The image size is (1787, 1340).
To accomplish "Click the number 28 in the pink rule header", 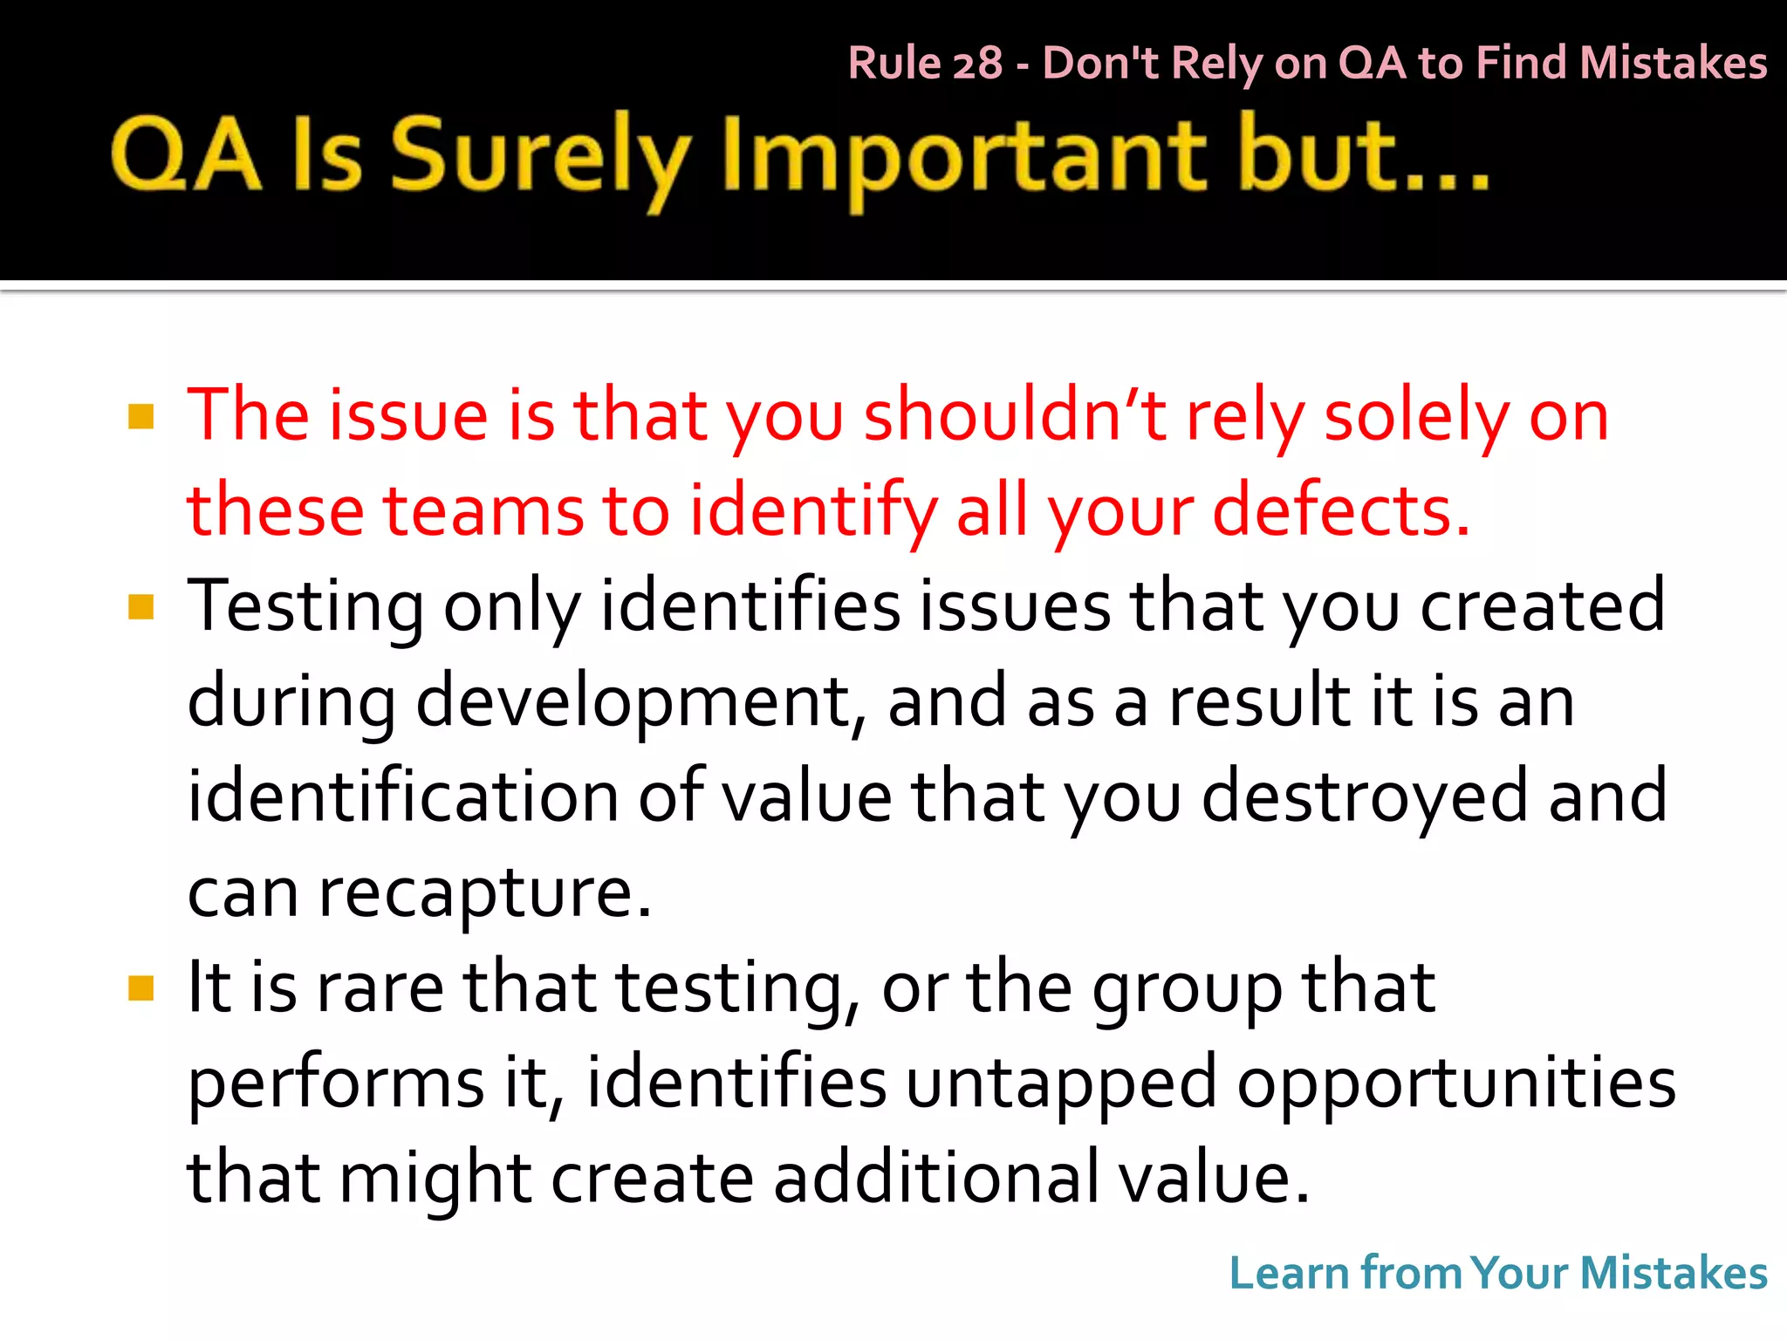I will click(x=977, y=64).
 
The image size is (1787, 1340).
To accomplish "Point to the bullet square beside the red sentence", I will click(x=140, y=417).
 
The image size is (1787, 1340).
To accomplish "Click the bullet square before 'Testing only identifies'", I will click(x=140, y=606).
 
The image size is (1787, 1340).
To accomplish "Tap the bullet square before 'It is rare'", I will click(x=140, y=988).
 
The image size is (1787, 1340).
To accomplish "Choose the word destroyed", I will click(x=1365, y=797).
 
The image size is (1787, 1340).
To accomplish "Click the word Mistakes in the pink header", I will click(x=1673, y=64).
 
